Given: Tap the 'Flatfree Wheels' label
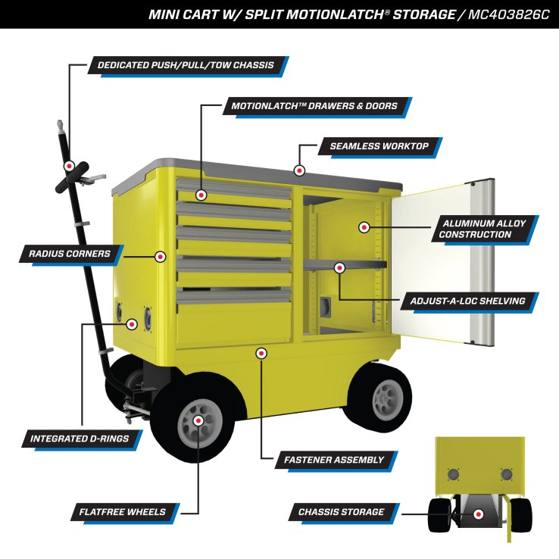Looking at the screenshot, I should pyautogui.click(x=123, y=512).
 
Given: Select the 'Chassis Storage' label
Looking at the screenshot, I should pyautogui.click(x=341, y=512).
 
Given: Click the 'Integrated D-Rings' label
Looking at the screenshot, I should pyautogui.click(x=79, y=438).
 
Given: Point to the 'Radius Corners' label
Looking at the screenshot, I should pyautogui.click(x=66, y=254).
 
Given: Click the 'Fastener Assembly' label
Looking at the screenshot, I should pyautogui.click(x=334, y=459).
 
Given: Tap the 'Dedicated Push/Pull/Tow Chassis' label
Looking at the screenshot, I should pyautogui.click(x=186, y=65).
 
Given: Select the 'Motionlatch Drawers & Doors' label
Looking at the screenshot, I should pyautogui.click(x=311, y=106).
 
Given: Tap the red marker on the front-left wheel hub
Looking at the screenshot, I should pyautogui.click(x=198, y=420).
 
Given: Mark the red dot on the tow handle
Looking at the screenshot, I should pyautogui.click(x=69, y=166).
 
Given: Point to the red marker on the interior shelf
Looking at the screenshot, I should pyautogui.click(x=340, y=267).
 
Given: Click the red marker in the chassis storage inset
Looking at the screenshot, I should pyautogui.click(x=479, y=514).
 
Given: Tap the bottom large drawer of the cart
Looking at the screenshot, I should pyautogui.click(x=234, y=318).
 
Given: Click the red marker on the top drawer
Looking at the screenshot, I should pyautogui.click(x=201, y=195).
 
